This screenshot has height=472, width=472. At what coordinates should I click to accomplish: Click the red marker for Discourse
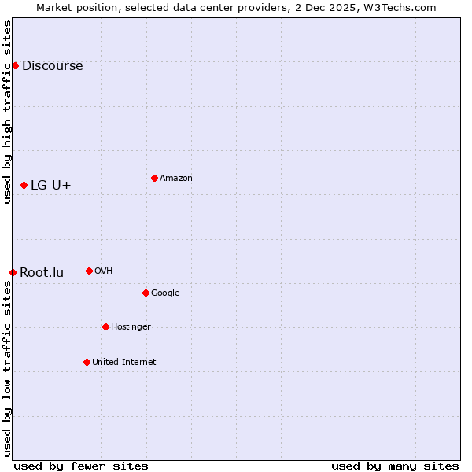point(15,65)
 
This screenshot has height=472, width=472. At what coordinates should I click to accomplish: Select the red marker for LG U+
point(24,185)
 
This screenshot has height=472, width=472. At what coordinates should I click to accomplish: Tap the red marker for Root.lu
point(13,272)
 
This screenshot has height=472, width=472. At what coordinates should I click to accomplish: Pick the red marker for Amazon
point(154,178)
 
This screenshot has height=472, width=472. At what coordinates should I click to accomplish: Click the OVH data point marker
point(89,271)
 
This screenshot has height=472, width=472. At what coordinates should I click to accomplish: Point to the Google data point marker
point(146,293)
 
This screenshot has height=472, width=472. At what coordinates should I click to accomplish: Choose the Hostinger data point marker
point(105,326)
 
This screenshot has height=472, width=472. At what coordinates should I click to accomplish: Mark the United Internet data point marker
point(87,362)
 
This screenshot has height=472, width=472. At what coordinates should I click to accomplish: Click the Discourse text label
point(52,65)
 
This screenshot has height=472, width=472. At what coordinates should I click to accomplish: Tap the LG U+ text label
point(50,185)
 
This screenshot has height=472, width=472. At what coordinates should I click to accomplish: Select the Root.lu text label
point(42,272)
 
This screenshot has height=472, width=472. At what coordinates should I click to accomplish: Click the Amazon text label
point(176,178)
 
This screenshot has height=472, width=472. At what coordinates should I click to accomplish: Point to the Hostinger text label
point(131,326)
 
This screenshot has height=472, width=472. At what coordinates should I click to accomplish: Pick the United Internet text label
point(124,362)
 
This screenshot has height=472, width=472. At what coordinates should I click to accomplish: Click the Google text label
point(165,293)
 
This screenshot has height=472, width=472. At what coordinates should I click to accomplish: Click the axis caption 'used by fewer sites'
point(81,466)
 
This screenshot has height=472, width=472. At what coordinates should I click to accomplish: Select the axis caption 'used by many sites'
point(395,466)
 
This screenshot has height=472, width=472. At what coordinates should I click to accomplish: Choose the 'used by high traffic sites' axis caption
point(7,112)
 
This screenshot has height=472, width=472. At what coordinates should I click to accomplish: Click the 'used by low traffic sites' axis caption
point(7,368)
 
